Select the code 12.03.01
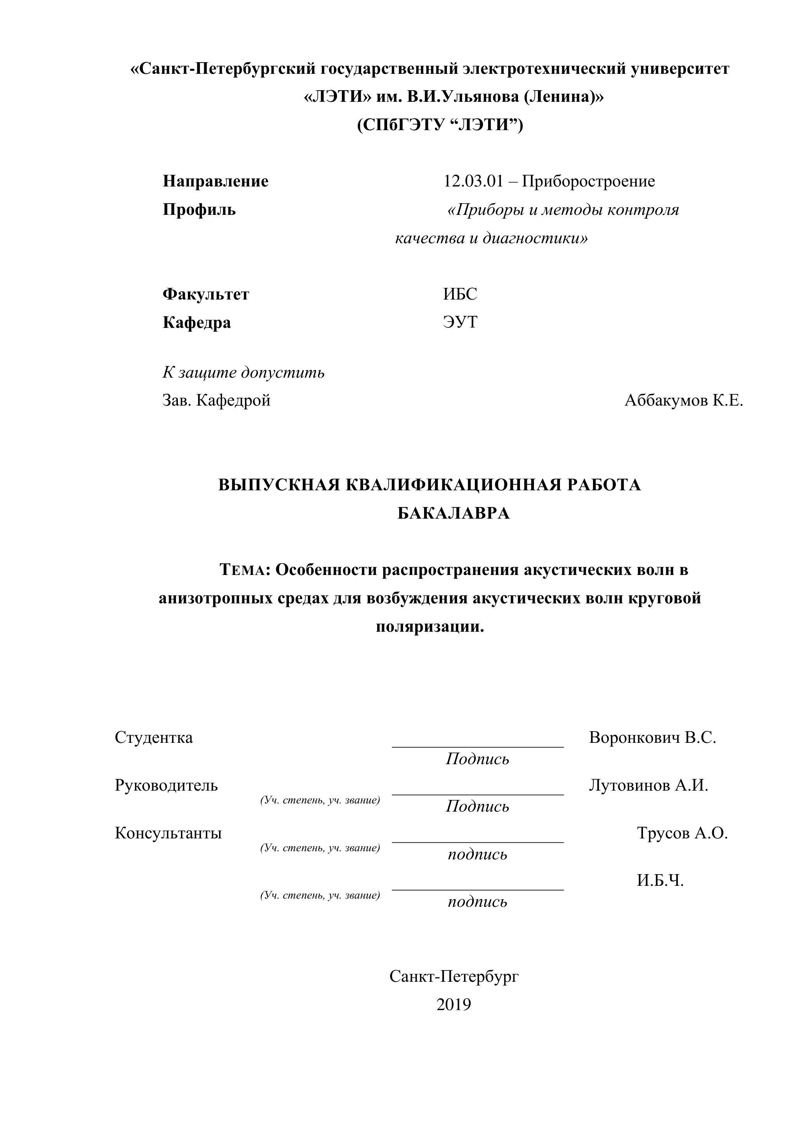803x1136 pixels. tap(473, 181)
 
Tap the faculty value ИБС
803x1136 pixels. tap(460, 294)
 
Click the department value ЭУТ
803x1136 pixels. tap(460, 322)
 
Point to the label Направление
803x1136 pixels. tap(216, 181)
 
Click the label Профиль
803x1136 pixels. tap(199, 210)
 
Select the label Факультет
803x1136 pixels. tap(206, 294)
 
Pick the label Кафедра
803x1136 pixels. tap(197, 322)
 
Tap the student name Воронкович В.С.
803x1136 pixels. tap(653, 738)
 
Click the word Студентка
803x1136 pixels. tap(154, 738)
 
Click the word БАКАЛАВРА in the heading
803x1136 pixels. tap(454, 514)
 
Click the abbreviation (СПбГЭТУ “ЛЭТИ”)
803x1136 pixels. tap(440, 125)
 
